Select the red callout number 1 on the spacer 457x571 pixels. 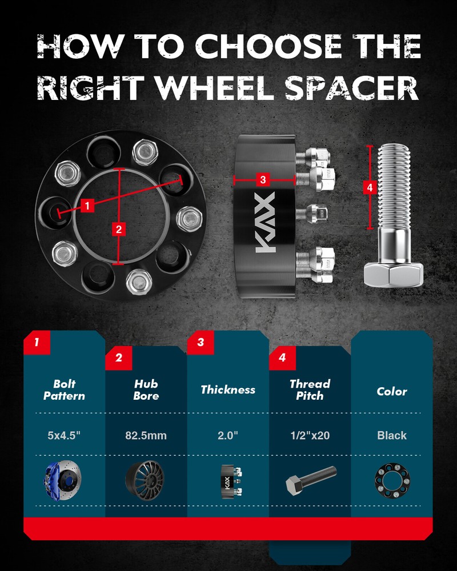(87, 206)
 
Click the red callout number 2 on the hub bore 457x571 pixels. (119, 229)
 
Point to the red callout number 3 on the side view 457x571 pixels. (263, 179)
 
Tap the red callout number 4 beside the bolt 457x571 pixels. (370, 188)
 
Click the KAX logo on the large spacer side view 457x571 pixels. (265, 223)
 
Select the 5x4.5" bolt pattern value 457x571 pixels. (64, 435)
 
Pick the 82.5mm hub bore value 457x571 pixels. (146, 436)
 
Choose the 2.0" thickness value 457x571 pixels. (228, 435)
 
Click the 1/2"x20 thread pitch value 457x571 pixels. (310, 435)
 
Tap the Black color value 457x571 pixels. (392, 435)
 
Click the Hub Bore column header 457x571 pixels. (146, 389)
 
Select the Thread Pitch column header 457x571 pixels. (310, 389)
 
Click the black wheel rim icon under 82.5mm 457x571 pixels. (145, 480)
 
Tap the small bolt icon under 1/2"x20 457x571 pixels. (311, 480)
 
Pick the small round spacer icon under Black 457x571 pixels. (392, 481)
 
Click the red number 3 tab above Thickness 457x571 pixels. (201, 342)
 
